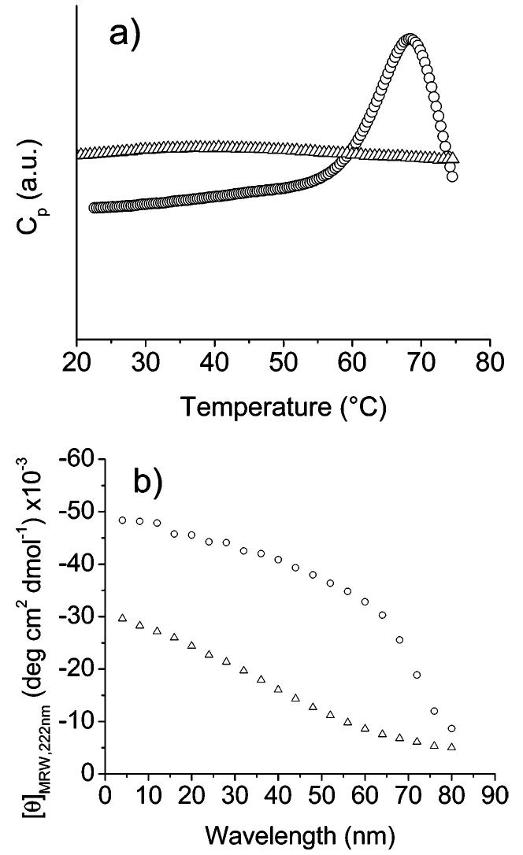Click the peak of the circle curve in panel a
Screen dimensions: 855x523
click(409, 39)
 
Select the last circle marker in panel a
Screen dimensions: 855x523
click(452, 176)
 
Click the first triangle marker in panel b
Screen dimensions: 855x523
click(122, 618)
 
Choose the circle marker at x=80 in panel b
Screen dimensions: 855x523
click(451, 728)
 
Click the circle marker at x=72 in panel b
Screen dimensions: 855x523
click(417, 675)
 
